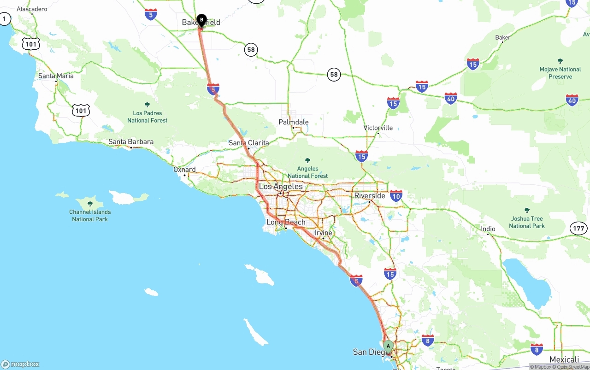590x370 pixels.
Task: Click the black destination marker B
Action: pos(201,20)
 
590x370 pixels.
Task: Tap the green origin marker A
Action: pos(388,346)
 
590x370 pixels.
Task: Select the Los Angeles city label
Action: pos(281,187)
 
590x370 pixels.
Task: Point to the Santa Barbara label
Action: pos(131,142)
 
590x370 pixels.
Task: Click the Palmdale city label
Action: pos(294,122)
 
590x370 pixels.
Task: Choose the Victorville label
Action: pos(378,128)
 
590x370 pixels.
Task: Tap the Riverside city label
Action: pos(370,196)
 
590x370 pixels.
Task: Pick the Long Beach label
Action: pos(286,222)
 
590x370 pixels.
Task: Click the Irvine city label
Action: pos(323,233)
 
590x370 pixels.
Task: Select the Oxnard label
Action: pos(184,170)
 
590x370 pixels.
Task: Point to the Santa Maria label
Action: pos(56,76)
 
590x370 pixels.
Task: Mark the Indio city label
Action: pos(488,229)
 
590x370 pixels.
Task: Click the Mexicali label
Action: pos(564,360)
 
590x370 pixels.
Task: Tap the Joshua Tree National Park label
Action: pos(527,222)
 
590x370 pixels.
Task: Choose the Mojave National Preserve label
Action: pos(560,73)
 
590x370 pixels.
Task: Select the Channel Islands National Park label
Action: pos(90,215)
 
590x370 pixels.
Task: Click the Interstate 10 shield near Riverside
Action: pos(395,196)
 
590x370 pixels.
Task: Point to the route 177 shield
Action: pos(578,228)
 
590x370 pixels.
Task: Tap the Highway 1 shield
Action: pos(5,19)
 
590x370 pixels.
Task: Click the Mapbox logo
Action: pos(20,364)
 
